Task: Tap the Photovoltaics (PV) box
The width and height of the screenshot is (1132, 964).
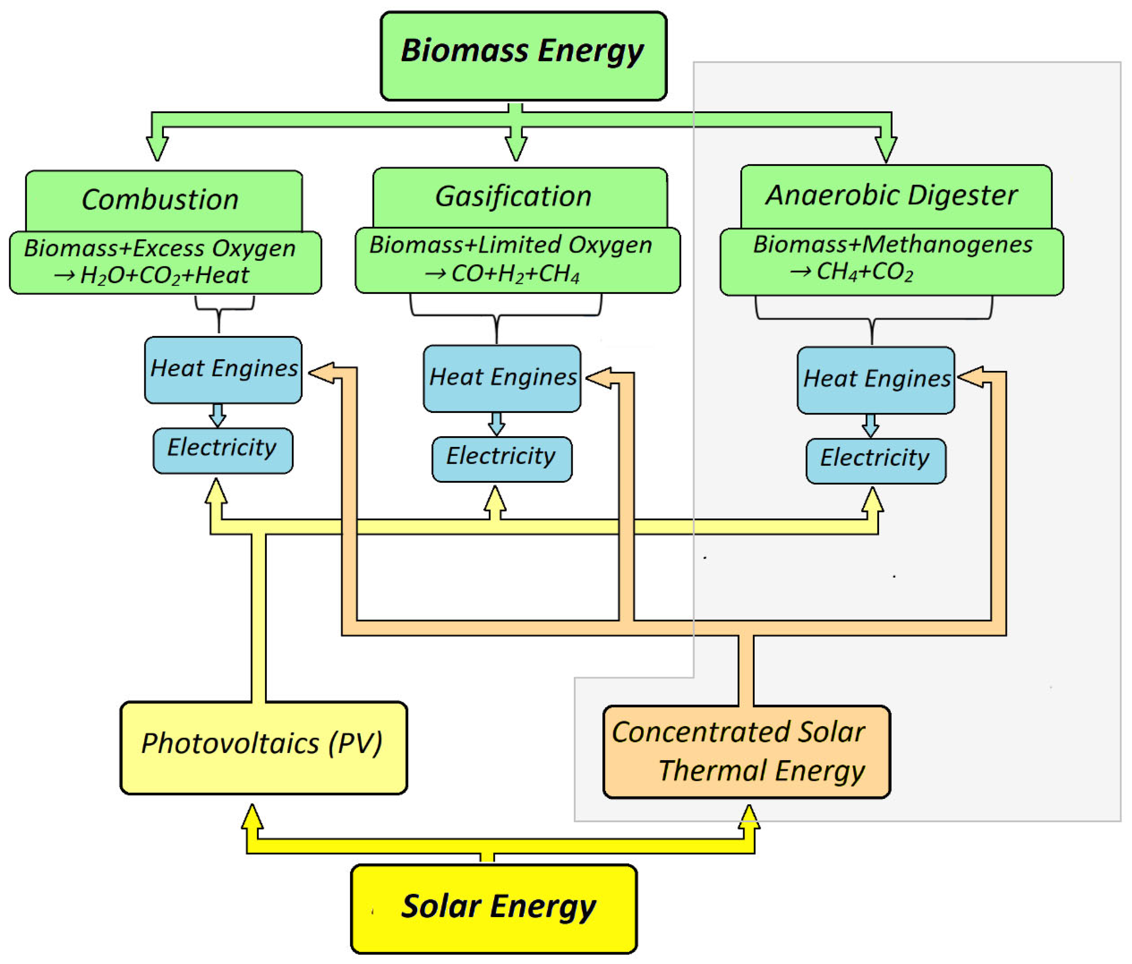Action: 263,747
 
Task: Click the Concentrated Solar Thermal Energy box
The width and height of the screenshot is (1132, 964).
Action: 746,752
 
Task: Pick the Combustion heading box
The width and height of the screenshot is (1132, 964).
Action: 163,199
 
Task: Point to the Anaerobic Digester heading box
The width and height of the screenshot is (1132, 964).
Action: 896,195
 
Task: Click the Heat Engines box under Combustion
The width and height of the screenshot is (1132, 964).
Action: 223,370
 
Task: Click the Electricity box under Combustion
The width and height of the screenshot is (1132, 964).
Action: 223,450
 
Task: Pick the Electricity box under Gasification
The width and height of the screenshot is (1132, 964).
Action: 501,459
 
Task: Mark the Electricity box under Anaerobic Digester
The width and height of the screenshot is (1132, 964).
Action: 875,460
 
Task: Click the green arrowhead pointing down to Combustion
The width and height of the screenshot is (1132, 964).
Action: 157,146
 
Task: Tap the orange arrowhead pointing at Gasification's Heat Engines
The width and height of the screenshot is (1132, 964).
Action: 599,378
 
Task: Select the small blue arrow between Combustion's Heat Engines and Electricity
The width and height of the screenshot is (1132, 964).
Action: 217,416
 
